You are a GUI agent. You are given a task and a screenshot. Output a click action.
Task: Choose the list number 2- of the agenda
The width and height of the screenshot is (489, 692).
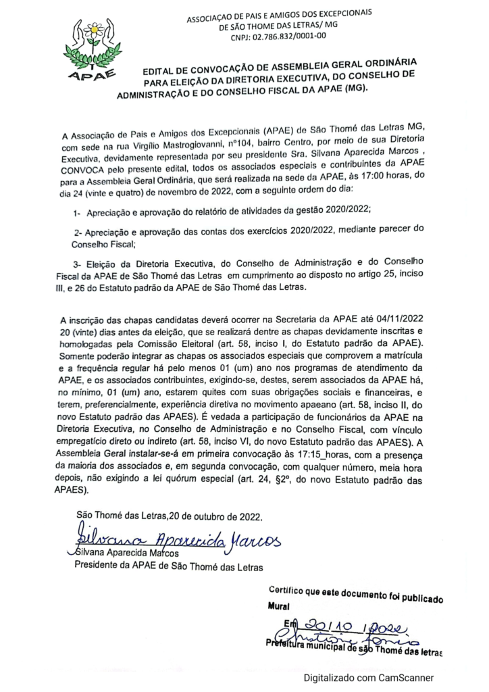(78, 231)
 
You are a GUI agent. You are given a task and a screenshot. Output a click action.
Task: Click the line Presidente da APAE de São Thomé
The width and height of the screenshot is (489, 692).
(168, 566)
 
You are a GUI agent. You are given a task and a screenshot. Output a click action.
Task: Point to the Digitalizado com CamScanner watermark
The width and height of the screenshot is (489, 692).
(368, 677)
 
